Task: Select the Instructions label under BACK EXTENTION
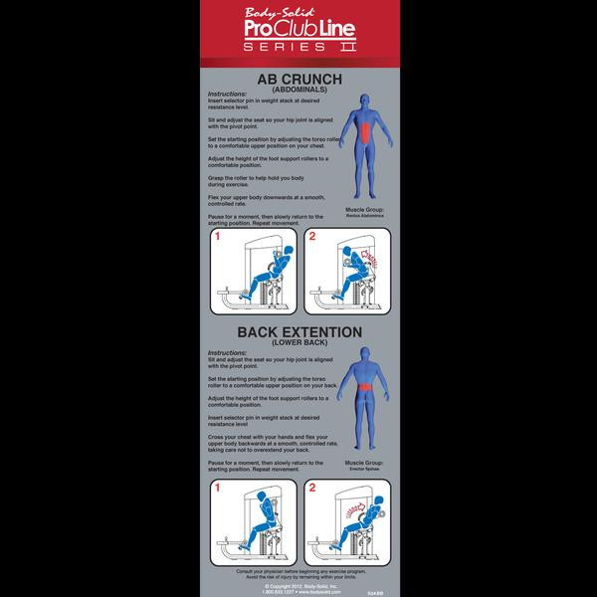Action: (x=226, y=354)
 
